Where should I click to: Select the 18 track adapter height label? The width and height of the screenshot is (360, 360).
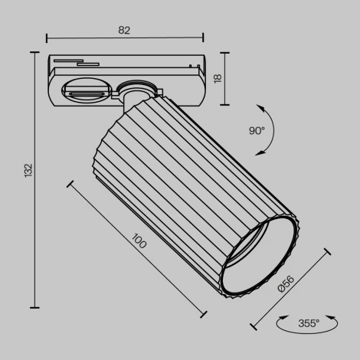[x=217, y=77]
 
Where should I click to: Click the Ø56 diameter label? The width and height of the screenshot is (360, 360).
[x=284, y=284]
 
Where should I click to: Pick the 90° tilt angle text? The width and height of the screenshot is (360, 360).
[x=256, y=130]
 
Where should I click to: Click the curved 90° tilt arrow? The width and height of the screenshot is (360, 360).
[x=273, y=126]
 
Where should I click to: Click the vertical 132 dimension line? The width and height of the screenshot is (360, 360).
[x=35, y=179]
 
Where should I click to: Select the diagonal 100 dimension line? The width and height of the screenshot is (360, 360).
[x=138, y=250]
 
